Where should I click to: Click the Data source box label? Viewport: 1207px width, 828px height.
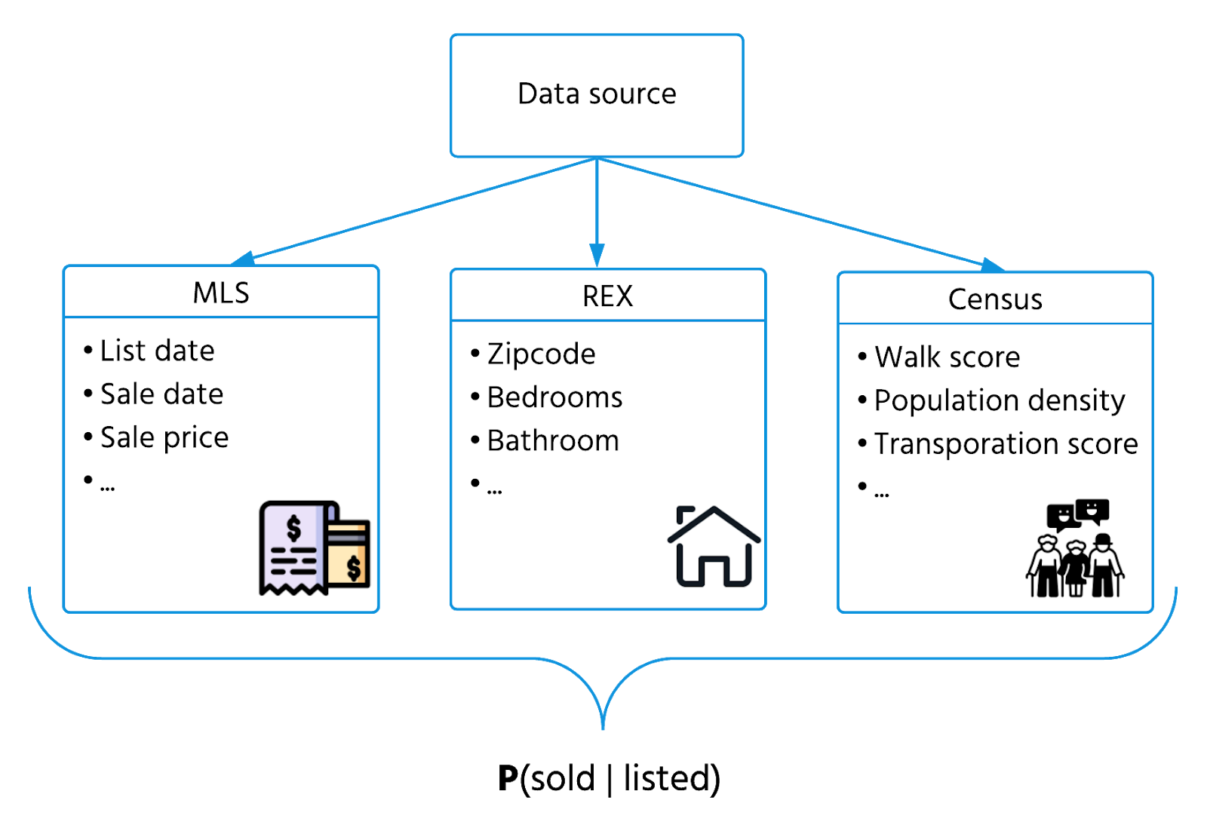[x=597, y=94]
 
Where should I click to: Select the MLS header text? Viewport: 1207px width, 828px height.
[x=220, y=293]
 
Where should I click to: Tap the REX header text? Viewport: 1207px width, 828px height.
[x=607, y=296]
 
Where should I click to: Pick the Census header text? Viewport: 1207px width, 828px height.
[x=995, y=299]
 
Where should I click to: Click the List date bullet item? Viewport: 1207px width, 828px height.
[x=157, y=351]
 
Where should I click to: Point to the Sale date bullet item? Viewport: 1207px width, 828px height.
[x=161, y=394]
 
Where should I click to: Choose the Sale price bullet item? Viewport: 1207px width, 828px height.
[x=164, y=437]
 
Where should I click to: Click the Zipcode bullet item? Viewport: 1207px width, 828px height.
[x=541, y=354]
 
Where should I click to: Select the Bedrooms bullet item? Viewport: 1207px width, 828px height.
[x=554, y=397]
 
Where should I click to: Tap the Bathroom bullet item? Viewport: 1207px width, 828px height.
[x=553, y=440]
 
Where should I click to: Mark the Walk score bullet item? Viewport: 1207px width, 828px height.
[x=947, y=357]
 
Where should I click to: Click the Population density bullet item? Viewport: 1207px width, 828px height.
[x=1000, y=400]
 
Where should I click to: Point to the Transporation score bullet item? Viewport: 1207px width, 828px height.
[x=1006, y=444]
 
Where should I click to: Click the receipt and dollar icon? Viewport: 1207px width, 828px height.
[x=315, y=548]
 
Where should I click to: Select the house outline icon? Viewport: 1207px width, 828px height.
[x=714, y=547]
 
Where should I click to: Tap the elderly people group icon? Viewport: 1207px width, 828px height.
[x=1075, y=549]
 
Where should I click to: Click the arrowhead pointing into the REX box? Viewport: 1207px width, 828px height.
[x=597, y=256]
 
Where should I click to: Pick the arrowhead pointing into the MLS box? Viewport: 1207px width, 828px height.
[x=243, y=259]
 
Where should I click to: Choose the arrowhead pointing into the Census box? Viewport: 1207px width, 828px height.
[x=992, y=264]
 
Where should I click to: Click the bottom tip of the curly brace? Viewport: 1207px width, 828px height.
[x=603, y=727]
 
